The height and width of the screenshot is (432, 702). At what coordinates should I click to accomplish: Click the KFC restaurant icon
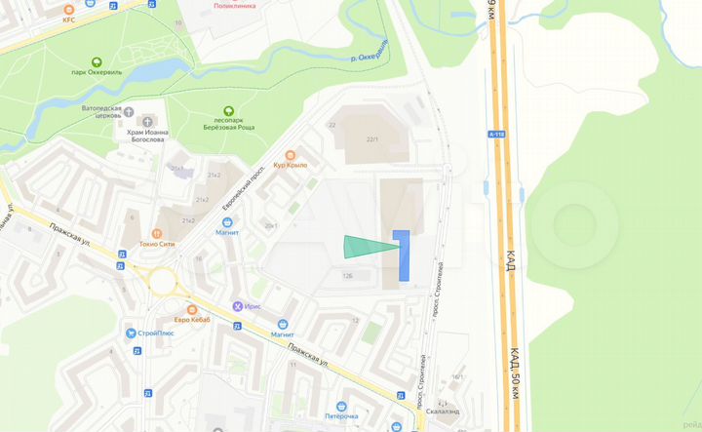pyautogui.click(x=69, y=9)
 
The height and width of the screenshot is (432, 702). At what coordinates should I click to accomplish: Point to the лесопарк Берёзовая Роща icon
pyautogui.click(x=227, y=111)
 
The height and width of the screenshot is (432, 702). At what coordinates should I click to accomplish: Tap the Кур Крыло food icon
pyautogui.click(x=290, y=155)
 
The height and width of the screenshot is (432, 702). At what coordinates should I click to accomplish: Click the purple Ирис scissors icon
pyautogui.click(x=236, y=306)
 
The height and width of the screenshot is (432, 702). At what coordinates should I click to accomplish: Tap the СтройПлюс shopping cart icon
pyautogui.click(x=130, y=333)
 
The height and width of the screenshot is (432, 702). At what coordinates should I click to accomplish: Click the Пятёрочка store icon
pyautogui.click(x=341, y=406)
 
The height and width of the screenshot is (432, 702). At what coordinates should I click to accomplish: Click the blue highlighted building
pyautogui.click(x=400, y=255)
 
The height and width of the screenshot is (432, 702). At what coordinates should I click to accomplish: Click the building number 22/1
pyautogui.click(x=371, y=139)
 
